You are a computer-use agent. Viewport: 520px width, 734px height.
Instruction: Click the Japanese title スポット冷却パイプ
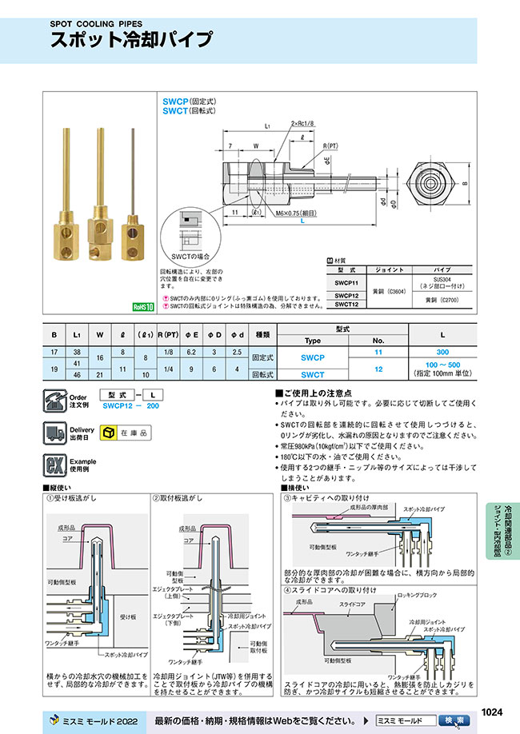coord(131,41)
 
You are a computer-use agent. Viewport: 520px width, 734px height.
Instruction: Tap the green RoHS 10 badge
coord(143,305)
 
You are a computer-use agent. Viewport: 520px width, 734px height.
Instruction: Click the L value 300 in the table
coord(442,352)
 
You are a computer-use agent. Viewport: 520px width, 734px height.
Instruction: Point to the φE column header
coord(190,334)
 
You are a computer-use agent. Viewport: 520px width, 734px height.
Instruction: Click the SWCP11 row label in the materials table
coord(346,282)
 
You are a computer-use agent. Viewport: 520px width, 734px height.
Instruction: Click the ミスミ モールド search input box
coord(407,720)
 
